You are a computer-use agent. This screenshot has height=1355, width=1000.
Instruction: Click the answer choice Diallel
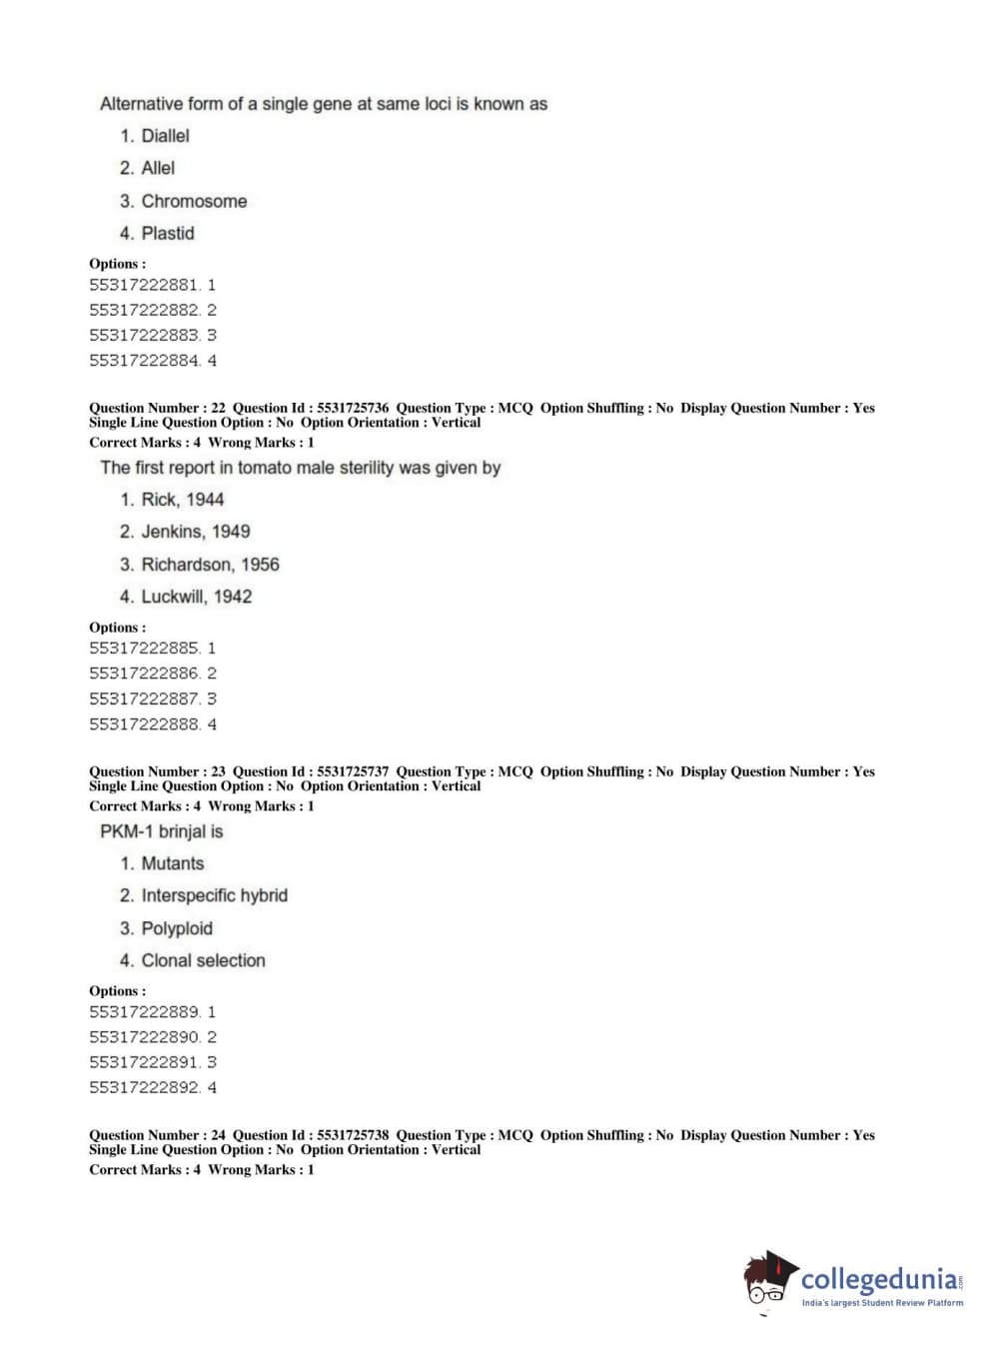pos(165,136)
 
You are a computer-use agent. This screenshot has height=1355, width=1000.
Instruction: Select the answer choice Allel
pos(158,168)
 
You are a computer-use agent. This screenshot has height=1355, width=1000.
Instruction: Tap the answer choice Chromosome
pos(194,201)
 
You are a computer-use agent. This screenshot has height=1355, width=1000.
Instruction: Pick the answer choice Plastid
pos(168,233)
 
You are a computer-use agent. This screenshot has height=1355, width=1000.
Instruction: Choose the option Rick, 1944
pos(182,500)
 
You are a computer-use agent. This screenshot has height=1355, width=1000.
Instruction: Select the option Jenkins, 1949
pos(195,532)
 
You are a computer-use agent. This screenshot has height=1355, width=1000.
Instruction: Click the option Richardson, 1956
pos(210,565)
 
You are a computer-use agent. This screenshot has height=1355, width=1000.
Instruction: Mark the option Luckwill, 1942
pos(196,597)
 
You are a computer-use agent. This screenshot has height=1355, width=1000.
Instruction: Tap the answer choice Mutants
pos(172,863)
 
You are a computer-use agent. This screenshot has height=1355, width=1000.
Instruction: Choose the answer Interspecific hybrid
pos(214,895)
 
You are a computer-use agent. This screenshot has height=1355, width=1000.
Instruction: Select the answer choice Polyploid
pos(177,928)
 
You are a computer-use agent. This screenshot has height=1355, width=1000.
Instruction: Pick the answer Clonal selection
pos(203,960)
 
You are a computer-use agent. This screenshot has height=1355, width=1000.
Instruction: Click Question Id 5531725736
pos(353,408)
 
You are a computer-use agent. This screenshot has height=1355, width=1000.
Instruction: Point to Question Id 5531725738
pos(353,1135)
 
